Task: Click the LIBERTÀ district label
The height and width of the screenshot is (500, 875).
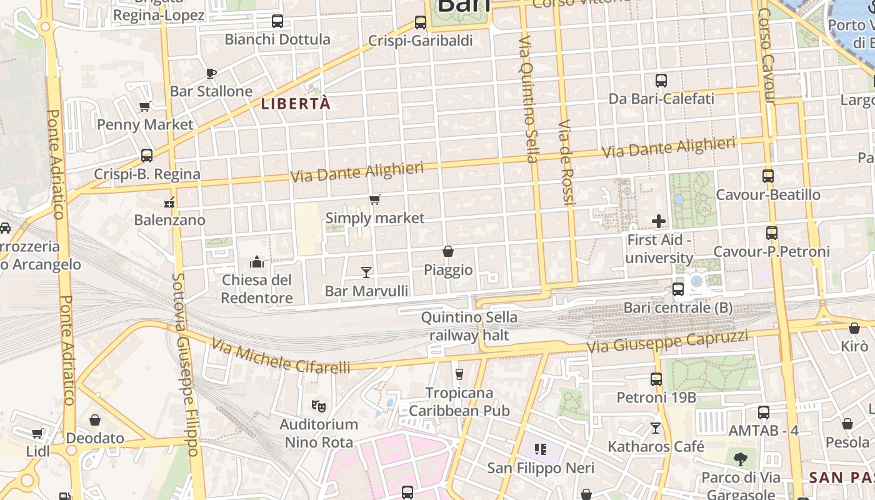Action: click(296, 104)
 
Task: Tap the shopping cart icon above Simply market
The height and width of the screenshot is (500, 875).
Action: click(374, 200)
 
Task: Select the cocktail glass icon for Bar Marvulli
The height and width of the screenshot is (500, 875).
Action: click(366, 272)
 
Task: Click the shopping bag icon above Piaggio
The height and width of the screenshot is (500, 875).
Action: click(448, 251)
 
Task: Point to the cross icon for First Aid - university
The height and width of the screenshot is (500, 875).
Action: click(659, 221)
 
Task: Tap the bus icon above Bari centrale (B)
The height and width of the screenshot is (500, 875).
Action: click(678, 289)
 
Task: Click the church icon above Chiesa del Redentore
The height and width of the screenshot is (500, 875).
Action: click(257, 261)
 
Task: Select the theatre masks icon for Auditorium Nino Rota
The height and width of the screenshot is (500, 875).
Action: click(319, 406)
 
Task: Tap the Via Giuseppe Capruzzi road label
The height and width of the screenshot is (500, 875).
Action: click(667, 341)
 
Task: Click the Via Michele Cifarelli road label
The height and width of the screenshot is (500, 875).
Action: click(280, 356)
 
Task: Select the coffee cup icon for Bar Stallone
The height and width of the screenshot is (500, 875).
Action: click(211, 73)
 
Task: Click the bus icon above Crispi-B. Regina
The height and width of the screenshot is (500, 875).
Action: click(147, 155)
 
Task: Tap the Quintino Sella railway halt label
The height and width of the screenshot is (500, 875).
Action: click(469, 326)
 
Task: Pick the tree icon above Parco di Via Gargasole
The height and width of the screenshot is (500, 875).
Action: click(741, 460)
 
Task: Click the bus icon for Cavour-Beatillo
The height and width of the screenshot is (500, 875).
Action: click(768, 176)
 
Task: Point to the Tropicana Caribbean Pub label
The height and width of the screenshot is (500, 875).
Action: click(459, 402)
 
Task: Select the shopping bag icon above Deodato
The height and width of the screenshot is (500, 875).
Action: click(95, 419)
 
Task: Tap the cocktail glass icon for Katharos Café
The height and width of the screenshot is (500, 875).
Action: click(656, 428)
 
